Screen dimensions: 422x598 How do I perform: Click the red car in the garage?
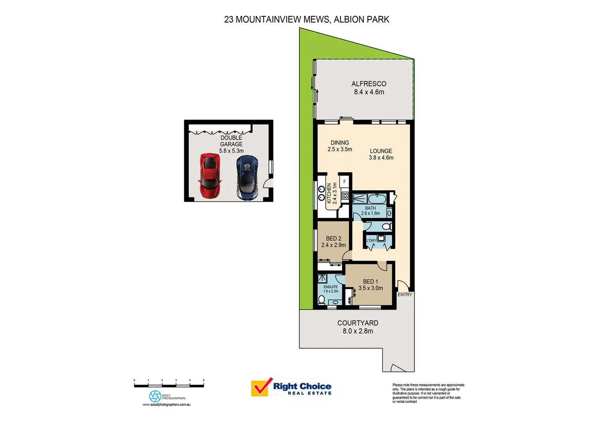tap(210, 175)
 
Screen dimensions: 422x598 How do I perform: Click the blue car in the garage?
tap(247, 176)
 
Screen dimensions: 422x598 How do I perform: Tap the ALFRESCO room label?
tap(369, 84)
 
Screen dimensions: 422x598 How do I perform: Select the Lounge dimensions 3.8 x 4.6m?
tap(381, 158)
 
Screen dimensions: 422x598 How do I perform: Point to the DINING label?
tap(340, 143)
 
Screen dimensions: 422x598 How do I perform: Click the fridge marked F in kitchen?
tap(345, 182)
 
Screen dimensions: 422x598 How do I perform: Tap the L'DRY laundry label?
tap(371, 240)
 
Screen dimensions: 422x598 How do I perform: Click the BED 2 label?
tap(333, 238)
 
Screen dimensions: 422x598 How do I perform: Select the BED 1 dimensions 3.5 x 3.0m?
tap(370, 288)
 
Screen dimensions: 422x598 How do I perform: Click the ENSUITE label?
tap(330, 287)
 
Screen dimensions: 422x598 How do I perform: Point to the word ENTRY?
tap(405, 295)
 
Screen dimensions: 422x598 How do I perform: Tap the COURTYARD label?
tap(358, 323)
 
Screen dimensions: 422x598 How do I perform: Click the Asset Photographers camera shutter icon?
tap(155, 396)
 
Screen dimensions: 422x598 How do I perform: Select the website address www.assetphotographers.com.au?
tap(166, 405)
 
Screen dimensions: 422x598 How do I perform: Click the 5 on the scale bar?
tap(204, 380)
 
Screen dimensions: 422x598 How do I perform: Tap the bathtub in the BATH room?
tap(377, 199)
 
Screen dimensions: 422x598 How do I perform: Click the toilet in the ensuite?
tap(322, 300)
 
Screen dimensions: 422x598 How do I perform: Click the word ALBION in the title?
tap(348, 20)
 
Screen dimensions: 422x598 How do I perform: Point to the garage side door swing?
tap(268, 183)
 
